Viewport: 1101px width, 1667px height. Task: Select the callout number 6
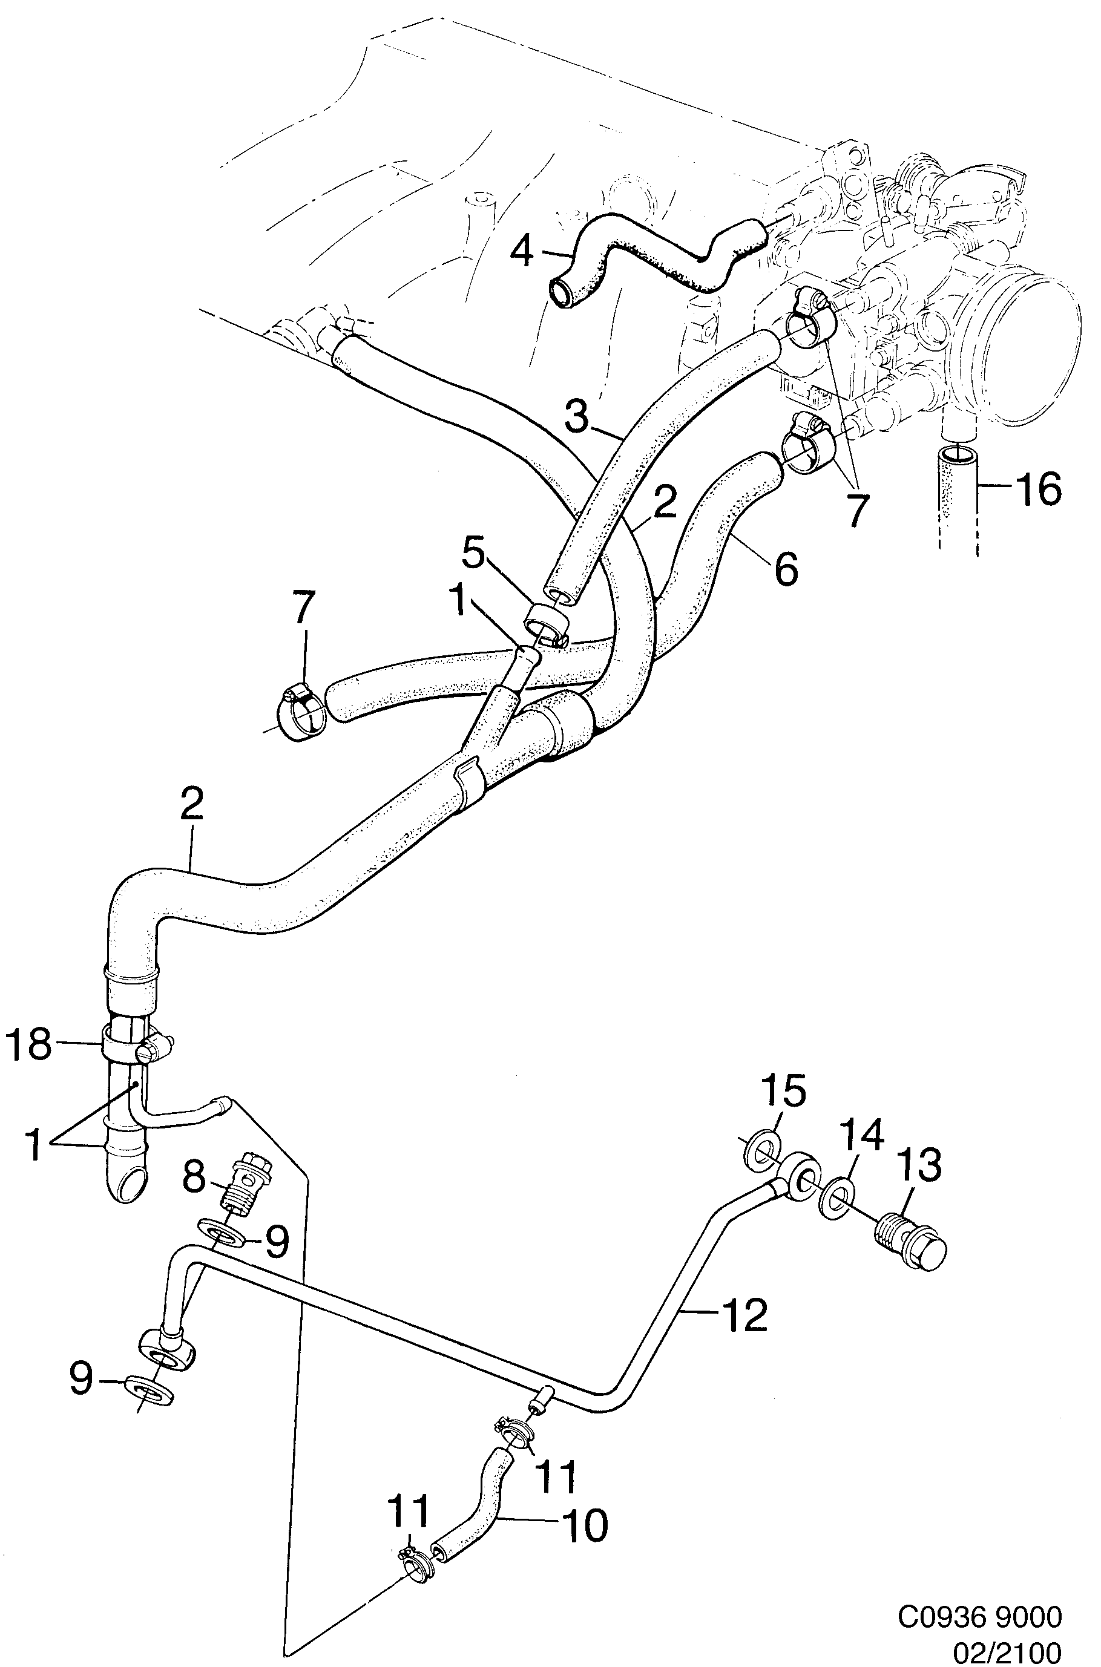point(786,569)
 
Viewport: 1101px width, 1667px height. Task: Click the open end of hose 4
point(562,291)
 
